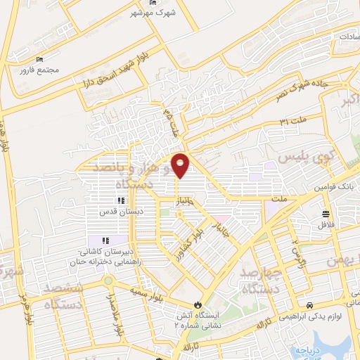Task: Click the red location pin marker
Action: [x=181, y=166]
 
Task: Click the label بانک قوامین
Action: [x=331, y=186]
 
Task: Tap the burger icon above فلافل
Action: [x=326, y=214]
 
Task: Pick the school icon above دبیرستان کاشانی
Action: [x=105, y=240]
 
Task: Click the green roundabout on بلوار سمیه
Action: [x=108, y=281]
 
